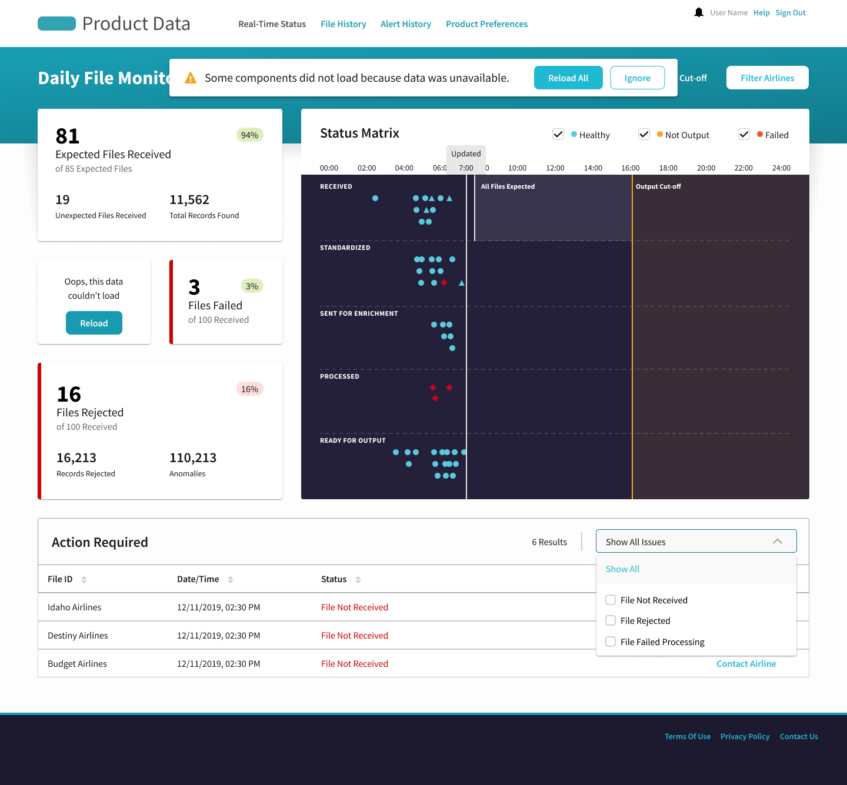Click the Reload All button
(x=568, y=78)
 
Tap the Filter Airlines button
(x=767, y=78)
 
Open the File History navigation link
(x=344, y=24)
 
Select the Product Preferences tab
(x=486, y=24)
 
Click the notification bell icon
(x=699, y=12)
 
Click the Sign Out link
(x=791, y=13)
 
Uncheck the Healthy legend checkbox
(x=558, y=135)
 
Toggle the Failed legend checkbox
(x=744, y=135)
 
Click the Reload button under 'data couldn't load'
(x=94, y=323)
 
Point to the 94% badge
(x=249, y=135)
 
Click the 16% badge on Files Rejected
(x=249, y=389)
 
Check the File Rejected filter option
(x=611, y=620)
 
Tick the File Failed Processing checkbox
(x=611, y=642)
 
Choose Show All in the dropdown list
(x=623, y=569)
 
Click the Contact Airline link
(x=746, y=663)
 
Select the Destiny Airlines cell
(x=78, y=635)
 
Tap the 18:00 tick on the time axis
(x=668, y=168)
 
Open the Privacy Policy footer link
(x=745, y=736)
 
